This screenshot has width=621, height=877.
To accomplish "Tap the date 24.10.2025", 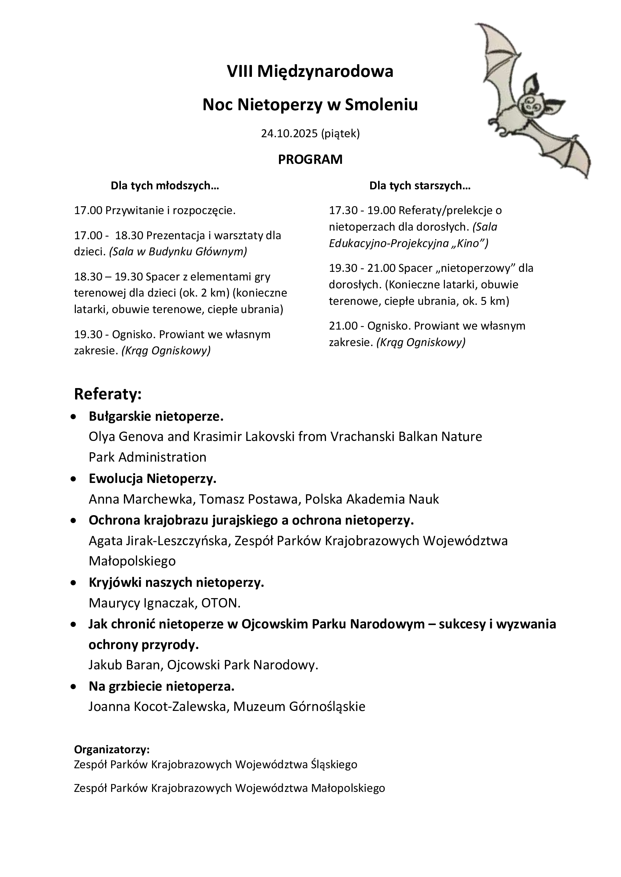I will click(289, 133).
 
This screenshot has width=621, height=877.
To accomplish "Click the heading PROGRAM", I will click(310, 159).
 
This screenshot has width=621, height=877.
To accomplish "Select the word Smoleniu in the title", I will click(381, 104).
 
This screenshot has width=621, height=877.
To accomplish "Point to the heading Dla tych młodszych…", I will click(165, 186).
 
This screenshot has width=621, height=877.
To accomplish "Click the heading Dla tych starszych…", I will click(420, 186).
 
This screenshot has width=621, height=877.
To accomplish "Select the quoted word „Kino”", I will click(470, 243).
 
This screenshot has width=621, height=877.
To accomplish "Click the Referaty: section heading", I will click(108, 394).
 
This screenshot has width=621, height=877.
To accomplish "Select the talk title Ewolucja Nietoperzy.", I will click(152, 478).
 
